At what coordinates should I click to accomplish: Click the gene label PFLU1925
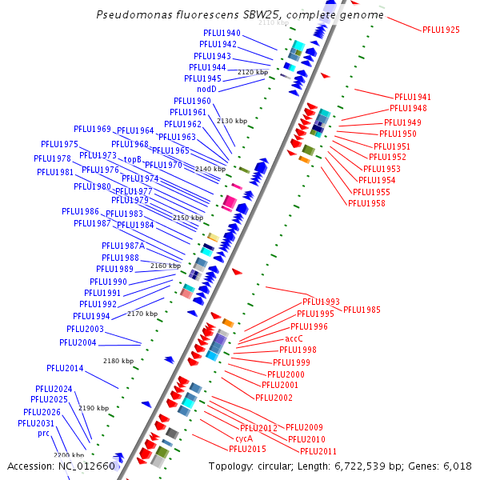[x=441, y=30]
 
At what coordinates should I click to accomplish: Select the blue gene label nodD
[x=206, y=89]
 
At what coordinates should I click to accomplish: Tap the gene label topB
[x=133, y=160]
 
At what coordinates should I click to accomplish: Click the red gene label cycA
[x=244, y=438]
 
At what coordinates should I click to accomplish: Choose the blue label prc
[x=44, y=433]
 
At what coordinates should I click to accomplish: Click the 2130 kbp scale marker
[x=232, y=121]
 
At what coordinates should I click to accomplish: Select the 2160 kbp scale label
[x=165, y=266]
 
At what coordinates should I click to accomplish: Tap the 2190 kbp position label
[x=94, y=408]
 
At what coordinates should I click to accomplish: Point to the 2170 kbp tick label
[x=142, y=314]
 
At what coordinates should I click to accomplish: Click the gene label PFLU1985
[x=362, y=310]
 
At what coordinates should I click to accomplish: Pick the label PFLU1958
[x=366, y=203]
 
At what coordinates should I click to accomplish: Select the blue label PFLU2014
[x=65, y=368]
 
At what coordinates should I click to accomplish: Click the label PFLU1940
[x=222, y=33]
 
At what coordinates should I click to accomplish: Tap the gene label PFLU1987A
[x=123, y=246]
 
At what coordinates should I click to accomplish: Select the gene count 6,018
[x=457, y=466]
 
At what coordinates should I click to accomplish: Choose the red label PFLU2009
[x=304, y=427]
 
